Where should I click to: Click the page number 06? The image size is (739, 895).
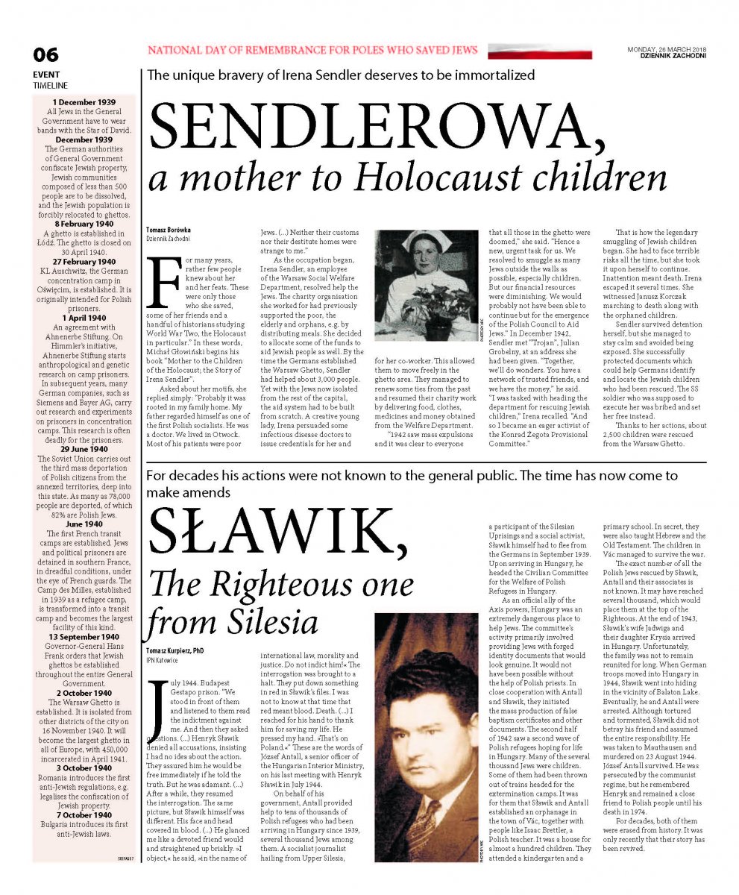click(x=46, y=55)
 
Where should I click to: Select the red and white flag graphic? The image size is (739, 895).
click(x=540, y=51)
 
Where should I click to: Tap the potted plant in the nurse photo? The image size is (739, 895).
click(x=447, y=298)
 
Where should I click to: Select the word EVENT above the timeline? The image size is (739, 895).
click(x=46, y=75)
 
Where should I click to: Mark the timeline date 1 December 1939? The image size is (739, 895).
click(x=84, y=101)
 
